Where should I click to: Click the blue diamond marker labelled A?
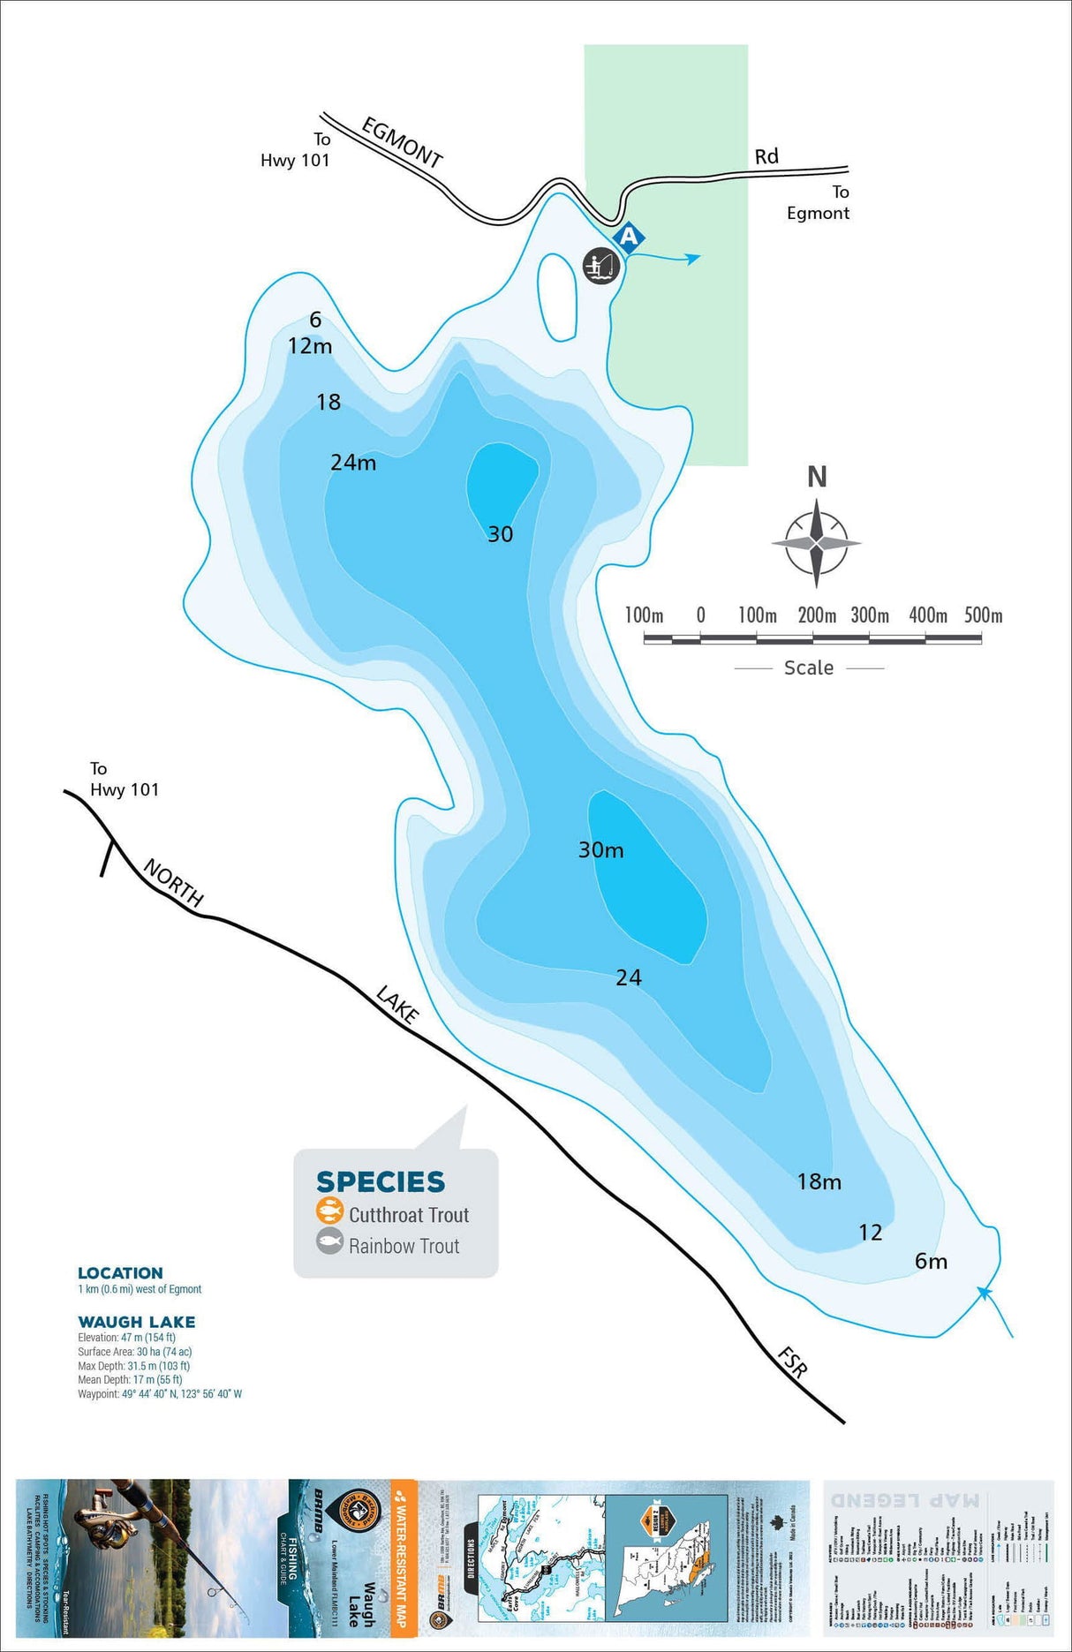point(629,237)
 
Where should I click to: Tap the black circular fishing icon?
point(600,265)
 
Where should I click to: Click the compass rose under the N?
point(817,542)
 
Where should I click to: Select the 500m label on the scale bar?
point(983,615)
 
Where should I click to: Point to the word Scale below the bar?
point(809,668)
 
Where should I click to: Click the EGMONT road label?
point(402,142)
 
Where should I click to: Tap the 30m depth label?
point(600,850)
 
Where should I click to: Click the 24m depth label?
point(353,463)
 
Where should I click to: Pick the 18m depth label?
point(819,1181)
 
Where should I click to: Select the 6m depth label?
point(931,1262)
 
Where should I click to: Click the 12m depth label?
point(310,346)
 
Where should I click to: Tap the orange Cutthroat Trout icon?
point(329,1211)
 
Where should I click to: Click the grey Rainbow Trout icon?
point(329,1242)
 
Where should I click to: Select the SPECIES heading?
point(381,1181)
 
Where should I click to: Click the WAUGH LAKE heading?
point(137,1322)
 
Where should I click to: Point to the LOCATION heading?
point(120,1273)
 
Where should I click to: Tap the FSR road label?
point(792,1362)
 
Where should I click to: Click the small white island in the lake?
point(558,297)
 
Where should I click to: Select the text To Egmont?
point(819,203)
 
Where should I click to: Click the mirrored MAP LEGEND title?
point(905,1499)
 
